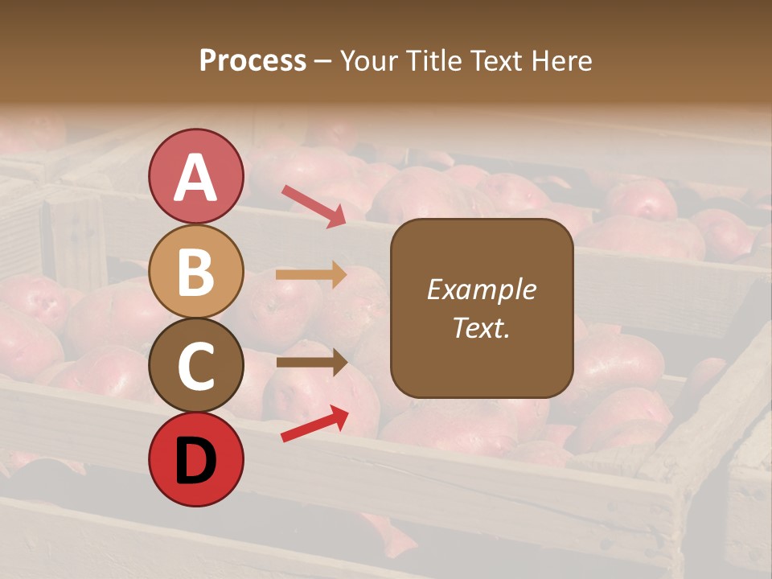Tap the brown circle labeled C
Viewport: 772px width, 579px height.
click(x=196, y=365)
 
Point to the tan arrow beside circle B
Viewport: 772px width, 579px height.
click(x=311, y=275)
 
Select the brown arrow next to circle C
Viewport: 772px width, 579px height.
click(x=311, y=363)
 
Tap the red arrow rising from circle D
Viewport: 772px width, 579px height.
click(x=314, y=424)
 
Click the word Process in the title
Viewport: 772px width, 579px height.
click(x=253, y=61)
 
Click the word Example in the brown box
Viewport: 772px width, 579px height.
click(x=481, y=289)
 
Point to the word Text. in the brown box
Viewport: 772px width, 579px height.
click(x=481, y=327)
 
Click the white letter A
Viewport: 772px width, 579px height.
click(x=196, y=177)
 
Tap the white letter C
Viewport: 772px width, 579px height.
click(x=196, y=367)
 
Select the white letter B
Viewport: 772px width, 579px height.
click(x=196, y=272)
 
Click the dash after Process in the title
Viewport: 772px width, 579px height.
click(x=323, y=62)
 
